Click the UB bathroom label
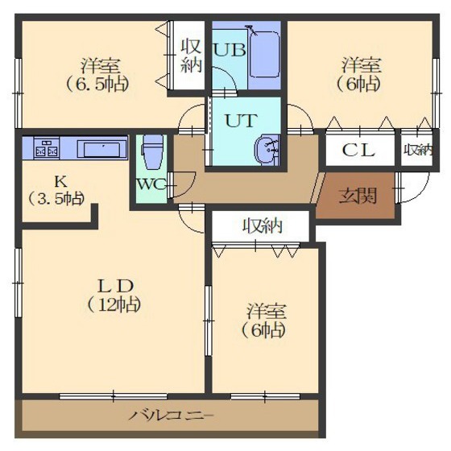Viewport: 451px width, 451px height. point(230,50)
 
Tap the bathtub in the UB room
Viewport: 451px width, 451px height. point(265,54)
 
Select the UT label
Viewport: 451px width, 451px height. point(241,121)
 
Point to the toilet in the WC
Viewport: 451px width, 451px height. point(153,152)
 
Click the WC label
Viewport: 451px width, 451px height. point(151,184)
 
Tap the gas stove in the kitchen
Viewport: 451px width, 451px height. point(47,148)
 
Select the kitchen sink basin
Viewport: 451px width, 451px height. point(102,150)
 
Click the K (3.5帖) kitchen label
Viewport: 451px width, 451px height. point(57,190)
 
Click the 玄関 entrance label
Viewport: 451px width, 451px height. point(358,197)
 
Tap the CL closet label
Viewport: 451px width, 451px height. point(358,150)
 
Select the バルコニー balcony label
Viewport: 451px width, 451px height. point(172,416)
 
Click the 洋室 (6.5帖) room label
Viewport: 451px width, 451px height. point(97,75)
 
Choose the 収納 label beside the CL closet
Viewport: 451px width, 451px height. point(417,150)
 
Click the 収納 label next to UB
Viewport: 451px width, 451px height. point(191,56)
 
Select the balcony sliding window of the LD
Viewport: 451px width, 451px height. point(114,396)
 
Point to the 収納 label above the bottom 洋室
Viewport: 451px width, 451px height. point(263,225)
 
